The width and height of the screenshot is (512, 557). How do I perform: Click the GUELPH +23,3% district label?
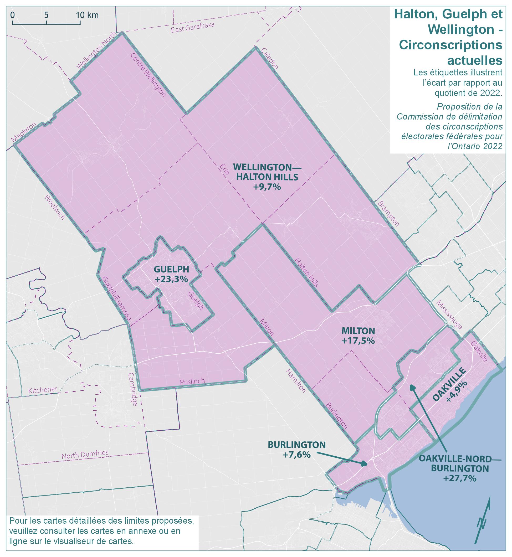(171, 274)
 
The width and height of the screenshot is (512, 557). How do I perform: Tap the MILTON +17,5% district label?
(358, 336)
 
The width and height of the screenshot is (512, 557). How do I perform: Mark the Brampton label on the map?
(388, 214)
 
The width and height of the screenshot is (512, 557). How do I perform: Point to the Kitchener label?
(43, 389)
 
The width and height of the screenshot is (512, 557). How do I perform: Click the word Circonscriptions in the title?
(450, 45)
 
